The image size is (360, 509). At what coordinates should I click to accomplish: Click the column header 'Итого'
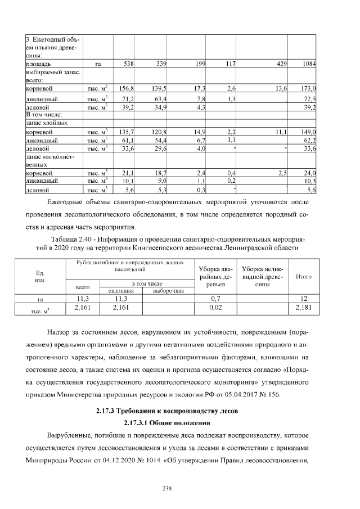(x=304, y=277)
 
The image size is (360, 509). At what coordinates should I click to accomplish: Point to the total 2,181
(x=304, y=308)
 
